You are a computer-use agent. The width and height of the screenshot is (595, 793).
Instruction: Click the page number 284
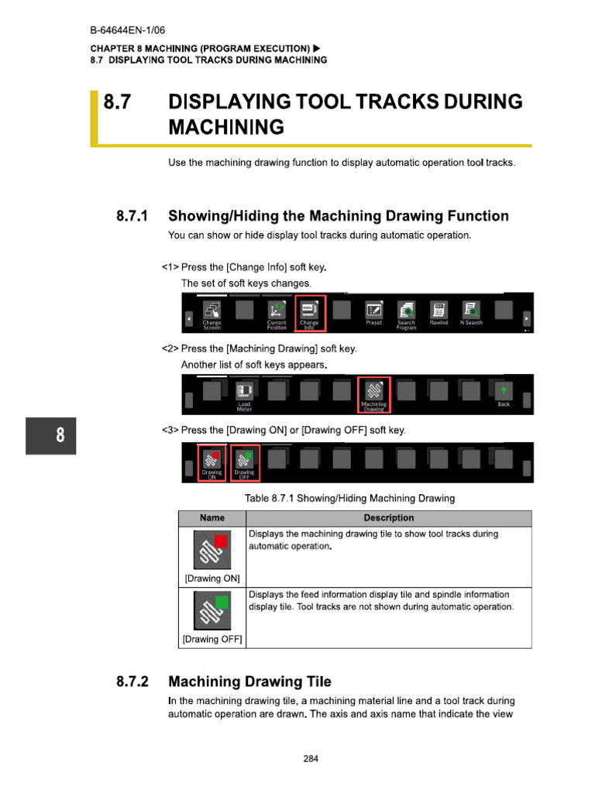[311, 758]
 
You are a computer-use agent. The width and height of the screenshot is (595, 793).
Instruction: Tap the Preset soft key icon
[373, 312]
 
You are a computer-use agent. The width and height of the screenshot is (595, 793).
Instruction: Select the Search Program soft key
[406, 312]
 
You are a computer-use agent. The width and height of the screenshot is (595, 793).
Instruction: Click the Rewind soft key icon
[439, 312]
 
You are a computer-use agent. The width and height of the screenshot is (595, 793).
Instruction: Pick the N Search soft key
[471, 312]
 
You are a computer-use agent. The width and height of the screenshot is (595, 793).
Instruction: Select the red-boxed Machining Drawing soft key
[373, 393]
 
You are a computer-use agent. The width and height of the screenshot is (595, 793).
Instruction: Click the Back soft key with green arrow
[504, 393]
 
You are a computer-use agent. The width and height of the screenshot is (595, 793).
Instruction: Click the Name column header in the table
[212, 518]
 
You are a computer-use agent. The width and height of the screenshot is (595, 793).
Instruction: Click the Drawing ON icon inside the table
[212, 551]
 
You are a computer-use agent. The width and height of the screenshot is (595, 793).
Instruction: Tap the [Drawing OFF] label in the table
[212, 639]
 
